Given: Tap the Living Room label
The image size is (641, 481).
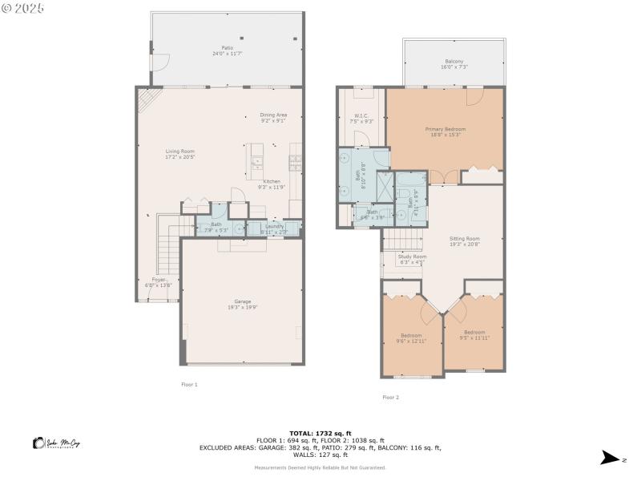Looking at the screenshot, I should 179,154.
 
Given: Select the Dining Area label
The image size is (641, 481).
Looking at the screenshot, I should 273,118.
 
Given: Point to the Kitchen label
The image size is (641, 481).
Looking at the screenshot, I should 272,184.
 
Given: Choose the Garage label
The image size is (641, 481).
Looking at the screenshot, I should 242,304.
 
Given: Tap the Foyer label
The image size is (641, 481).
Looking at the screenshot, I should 159,282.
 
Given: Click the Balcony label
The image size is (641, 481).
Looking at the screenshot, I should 454,65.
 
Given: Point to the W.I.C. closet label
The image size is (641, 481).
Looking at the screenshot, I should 361,118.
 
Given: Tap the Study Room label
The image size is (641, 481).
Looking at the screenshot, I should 412,259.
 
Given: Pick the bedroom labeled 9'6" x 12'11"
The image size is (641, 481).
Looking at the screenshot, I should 412,338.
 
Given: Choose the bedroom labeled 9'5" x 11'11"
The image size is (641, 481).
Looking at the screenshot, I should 474,334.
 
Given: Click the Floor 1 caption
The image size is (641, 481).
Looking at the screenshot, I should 189,385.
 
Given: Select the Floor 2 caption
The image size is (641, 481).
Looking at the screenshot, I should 390,397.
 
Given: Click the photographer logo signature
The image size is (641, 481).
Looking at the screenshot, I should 57,443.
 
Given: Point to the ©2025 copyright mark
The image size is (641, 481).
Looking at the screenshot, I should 23,7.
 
